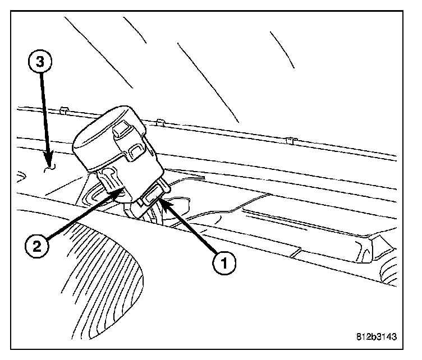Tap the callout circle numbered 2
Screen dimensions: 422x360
point(36,245)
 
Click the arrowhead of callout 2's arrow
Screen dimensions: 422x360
point(118,192)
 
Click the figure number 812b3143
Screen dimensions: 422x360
point(375,337)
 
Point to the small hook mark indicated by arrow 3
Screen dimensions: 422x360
point(51,166)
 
